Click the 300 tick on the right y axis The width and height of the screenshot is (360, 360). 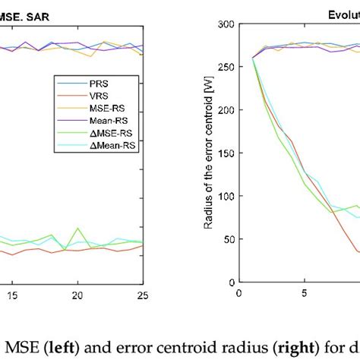[224, 24]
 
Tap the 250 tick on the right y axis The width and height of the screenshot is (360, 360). [224, 67]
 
